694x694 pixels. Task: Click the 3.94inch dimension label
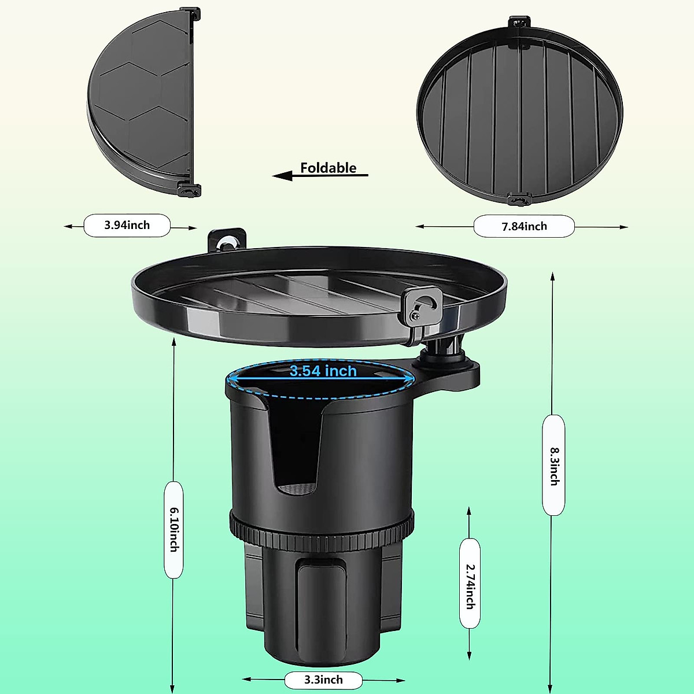tap(127, 225)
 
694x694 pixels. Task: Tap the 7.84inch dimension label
tap(524, 226)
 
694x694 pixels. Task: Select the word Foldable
tap(328, 168)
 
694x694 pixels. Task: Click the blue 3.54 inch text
tap(323, 371)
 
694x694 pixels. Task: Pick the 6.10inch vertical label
tap(173, 529)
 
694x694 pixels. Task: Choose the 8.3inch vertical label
tap(553, 465)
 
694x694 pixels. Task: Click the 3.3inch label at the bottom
tap(323, 680)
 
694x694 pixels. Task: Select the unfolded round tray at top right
tap(519, 110)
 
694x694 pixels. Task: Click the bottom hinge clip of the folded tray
tap(188, 189)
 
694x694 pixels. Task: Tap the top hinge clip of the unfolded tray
tap(519, 23)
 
